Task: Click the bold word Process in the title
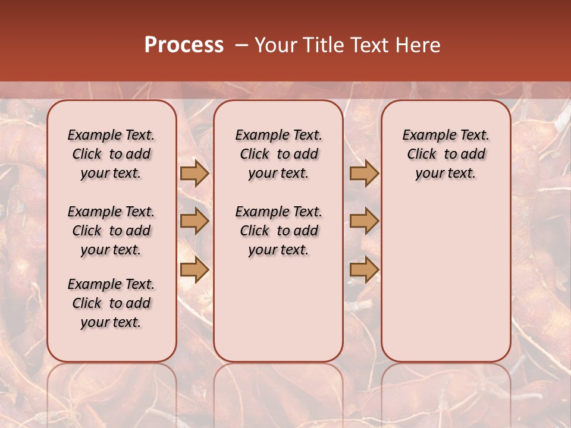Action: tap(184, 45)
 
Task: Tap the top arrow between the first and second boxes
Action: tap(194, 174)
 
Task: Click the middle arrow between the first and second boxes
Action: tap(194, 221)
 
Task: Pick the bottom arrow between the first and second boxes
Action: tap(194, 269)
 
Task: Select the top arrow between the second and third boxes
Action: tap(364, 174)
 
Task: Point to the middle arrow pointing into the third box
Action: tap(364, 221)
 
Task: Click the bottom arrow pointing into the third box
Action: tap(364, 269)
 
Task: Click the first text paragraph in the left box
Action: tap(111, 154)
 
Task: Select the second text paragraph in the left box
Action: tap(111, 231)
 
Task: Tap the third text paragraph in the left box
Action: tap(111, 303)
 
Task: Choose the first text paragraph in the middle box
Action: tap(278, 154)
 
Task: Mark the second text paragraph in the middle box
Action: tap(278, 231)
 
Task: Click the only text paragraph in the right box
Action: tap(445, 154)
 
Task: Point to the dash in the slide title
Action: tap(241, 45)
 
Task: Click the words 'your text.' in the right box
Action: tap(445, 174)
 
